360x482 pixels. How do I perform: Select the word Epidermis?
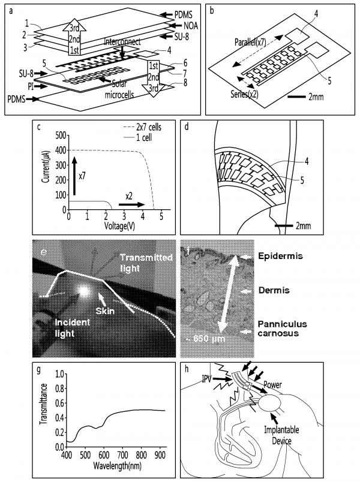[x=278, y=257]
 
